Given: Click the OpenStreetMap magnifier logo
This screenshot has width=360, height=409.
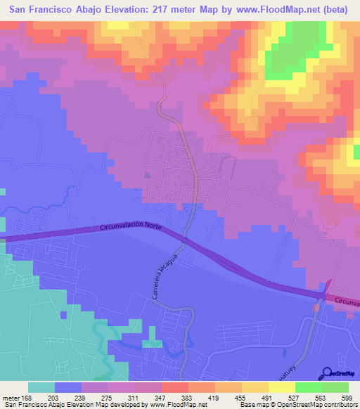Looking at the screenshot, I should pyautogui.click(x=328, y=374).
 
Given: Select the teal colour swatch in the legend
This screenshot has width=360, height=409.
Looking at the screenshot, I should pyautogui.click(x=41, y=387).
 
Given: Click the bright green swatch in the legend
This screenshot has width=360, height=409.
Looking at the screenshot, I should pyautogui.click(x=308, y=387).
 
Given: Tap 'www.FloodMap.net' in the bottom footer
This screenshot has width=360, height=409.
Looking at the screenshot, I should pyautogui.click(x=176, y=404).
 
